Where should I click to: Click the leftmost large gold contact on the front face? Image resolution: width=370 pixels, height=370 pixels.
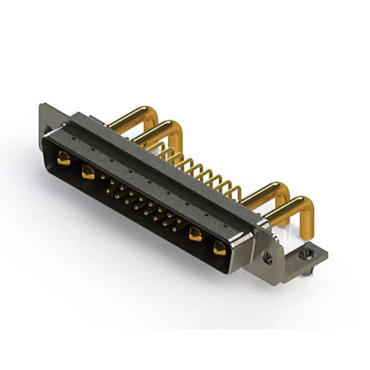64,158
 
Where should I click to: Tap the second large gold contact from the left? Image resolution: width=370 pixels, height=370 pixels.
88,171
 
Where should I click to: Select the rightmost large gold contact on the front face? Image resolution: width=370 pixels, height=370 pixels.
220,248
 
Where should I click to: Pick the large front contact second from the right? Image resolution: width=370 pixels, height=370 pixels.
195,234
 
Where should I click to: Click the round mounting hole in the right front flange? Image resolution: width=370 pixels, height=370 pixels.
268,258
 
